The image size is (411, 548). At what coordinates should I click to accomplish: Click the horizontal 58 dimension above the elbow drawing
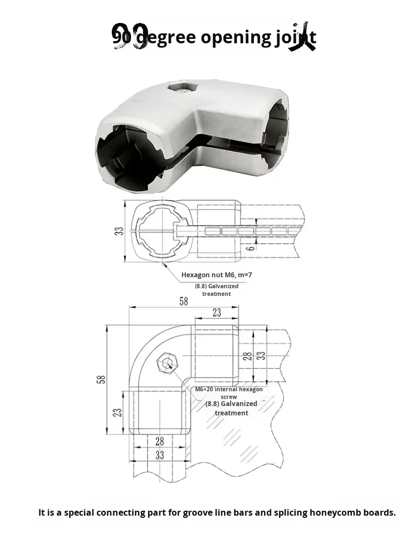tap(183, 301)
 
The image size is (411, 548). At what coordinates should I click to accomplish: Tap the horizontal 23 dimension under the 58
tap(216, 312)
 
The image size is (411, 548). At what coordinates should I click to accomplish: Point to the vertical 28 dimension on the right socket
tap(248, 356)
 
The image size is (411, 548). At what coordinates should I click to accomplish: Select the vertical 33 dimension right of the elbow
tap(262, 355)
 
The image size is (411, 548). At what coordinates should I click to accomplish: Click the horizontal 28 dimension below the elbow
tap(159, 441)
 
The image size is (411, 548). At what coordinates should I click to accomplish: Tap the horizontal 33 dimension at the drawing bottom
tap(159, 455)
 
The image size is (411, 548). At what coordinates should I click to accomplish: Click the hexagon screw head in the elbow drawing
tap(166, 363)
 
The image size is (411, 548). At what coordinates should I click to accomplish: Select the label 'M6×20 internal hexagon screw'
tap(229, 392)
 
